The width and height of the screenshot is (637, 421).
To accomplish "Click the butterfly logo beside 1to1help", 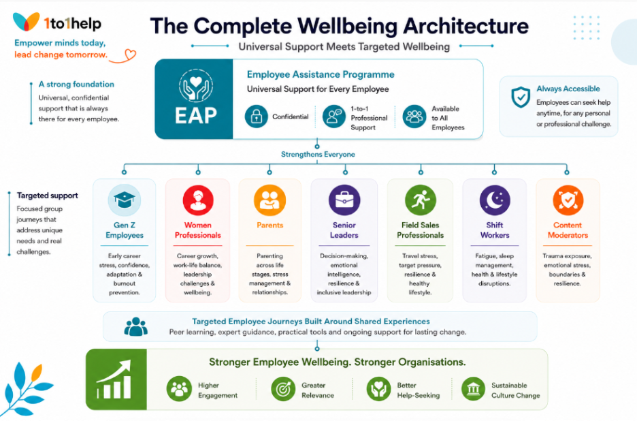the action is [x=26, y=21].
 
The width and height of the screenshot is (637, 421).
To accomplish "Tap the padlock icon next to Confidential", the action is [x=256, y=116].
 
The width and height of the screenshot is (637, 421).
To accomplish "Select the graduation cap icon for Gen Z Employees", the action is [x=125, y=200].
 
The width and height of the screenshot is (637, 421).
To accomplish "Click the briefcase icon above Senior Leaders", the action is [x=344, y=200].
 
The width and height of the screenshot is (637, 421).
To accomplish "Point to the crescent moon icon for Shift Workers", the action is [x=494, y=200].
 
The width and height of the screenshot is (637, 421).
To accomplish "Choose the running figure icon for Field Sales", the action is [x=420, y=200].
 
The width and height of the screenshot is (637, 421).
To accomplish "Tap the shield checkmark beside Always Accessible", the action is [x=521, y=97].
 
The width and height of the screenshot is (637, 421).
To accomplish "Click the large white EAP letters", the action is [x=196, y=115].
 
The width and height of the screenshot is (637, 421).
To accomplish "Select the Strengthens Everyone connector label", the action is [x=318, y=154].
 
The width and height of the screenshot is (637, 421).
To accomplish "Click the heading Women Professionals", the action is [x=198, y=230].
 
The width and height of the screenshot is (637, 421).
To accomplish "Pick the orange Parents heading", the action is [x=269, y=225].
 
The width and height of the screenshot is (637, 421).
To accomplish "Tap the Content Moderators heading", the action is [x=568, y=230].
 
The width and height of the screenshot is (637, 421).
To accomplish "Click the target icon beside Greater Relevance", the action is [x=283, y=388].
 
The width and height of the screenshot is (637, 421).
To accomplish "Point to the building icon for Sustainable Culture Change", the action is [x=473, y=388].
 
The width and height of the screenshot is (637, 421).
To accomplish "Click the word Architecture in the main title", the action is [x=465, y=26].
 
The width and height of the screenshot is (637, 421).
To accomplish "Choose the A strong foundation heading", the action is [x=76, y=84].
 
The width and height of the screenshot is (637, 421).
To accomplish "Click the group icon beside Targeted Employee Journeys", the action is [x=135, y=326].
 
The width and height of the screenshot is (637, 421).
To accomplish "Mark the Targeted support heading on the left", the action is [x=47, y=196].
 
